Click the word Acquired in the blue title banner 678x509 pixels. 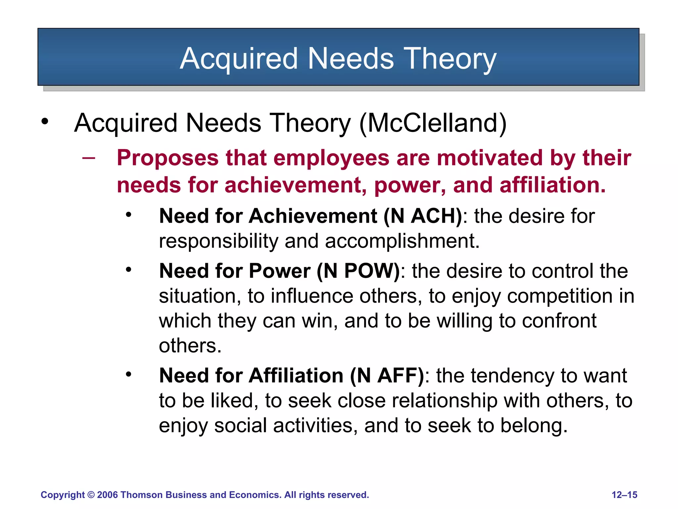[x=239, y=58]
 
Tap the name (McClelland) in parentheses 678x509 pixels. [x=433, y=123]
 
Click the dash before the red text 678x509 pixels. [x=88, y=158]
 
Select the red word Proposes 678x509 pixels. [x=168, y=158]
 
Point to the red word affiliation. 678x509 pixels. [x=552, y=185]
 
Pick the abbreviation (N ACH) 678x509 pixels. [x=423, y=216]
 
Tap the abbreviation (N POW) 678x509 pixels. [x=358, y=271]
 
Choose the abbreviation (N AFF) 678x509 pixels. [x=387, y=376]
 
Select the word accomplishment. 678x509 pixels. [x=402, y=241]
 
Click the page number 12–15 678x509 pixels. [x=624, y=495]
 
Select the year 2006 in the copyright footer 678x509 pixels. [x=107, y=495]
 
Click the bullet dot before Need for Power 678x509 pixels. [x=128, y=270]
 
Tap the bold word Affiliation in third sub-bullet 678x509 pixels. [x=296, y=376]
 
